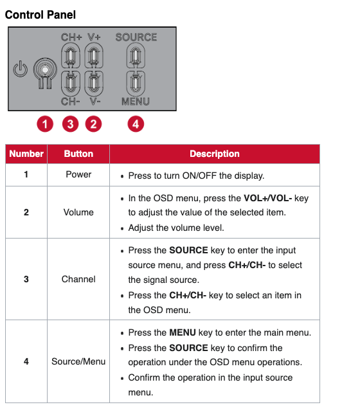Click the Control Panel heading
40,15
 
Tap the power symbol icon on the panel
21,69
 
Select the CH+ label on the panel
71,37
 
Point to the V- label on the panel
95,102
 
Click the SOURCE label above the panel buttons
136,37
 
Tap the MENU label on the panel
136,102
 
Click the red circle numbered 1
45,124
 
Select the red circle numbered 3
70,124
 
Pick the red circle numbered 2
93,124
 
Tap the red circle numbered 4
136,124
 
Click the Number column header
26,154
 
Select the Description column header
215,154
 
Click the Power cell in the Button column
78,174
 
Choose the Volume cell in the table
78,212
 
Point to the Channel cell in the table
78,279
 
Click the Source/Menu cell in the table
78,361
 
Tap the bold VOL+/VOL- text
267,198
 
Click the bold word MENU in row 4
183,332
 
